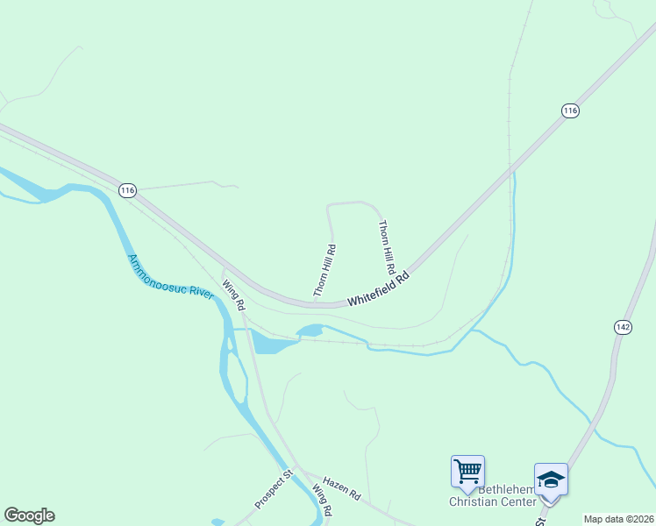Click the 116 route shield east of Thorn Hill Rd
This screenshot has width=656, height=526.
click(x=570, y=110)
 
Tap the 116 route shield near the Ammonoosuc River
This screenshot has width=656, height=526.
click(x=128, y=190)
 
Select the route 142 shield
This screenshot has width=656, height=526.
click(x=623, y=327)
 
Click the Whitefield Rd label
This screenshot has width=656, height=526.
click(x=379, y=289)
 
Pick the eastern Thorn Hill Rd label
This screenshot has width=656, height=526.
click(x=387, y=246)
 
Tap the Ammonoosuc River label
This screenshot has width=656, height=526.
click(x=171, y=277)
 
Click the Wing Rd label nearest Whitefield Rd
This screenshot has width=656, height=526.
click(x=232, y=295)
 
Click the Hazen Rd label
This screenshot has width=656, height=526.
click(x=341, y=488)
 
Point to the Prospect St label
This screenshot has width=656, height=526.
click(x=273, y=491)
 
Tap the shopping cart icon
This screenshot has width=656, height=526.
click(x=467, y=471)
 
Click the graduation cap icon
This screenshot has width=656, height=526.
click(x=550, y=480)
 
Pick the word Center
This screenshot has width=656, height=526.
click(x=517, y=502)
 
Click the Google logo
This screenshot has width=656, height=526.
click(x=29, y=515)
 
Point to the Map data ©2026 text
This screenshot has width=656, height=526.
click(x=618, y=519)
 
